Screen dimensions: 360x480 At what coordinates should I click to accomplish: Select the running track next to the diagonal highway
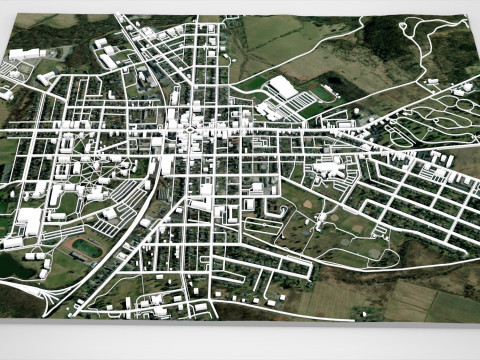(87, 246)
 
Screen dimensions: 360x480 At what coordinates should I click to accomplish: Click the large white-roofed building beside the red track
(284, 88)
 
